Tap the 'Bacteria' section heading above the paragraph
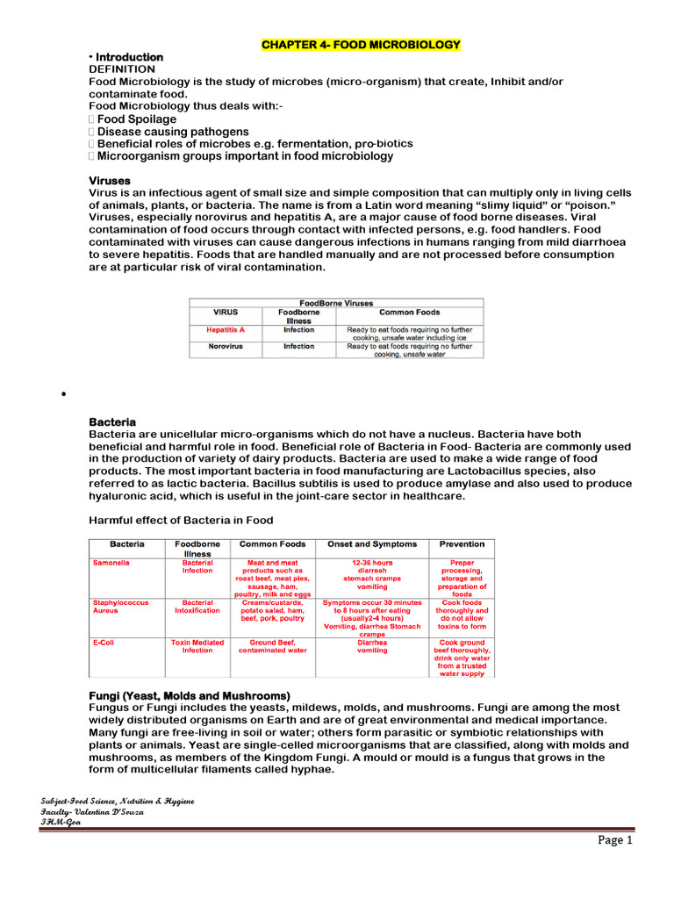[x=112, y=422]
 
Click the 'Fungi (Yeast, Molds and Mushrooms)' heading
[x=190, y=695]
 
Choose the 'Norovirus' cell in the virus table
[x=226, y=347]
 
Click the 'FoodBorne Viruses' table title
[x=336, y=303]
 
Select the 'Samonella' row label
[x=111, y=563]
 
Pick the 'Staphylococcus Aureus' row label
[x=121, y=607]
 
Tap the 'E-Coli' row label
[x=104, y=643]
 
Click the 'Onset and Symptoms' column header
[x=372, y=544]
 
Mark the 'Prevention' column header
[x=462, y=544]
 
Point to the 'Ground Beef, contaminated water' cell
[x=273, y=647]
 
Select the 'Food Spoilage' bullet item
[x=136, y=119]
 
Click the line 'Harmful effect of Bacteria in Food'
[x=182, y=520]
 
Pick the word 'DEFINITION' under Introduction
[x=122, y=68]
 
